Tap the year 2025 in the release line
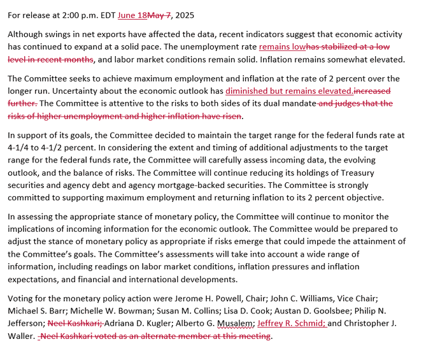click(x=185, y=15)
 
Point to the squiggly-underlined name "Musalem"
click(x=231, y=324)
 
